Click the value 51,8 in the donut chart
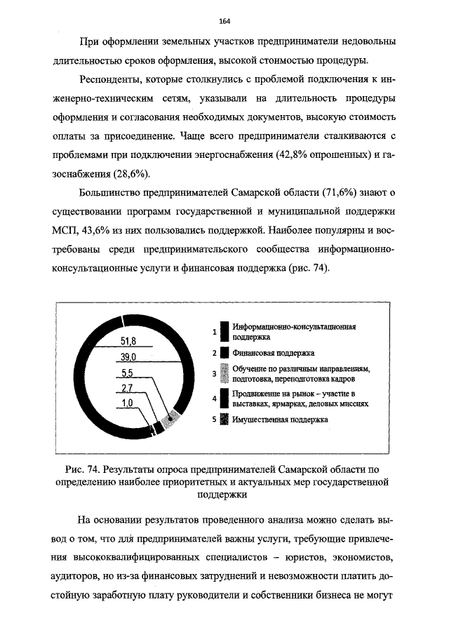(128, 342)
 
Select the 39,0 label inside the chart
(128, 358)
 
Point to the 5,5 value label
(128, 373)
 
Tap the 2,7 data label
(128, 388)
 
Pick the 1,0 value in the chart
(128, 403)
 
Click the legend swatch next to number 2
(224, 353)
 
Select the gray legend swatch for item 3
(224, 374)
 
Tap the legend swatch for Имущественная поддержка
(224, 420)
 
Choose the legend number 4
(214, 399)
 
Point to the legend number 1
(214, 332)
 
